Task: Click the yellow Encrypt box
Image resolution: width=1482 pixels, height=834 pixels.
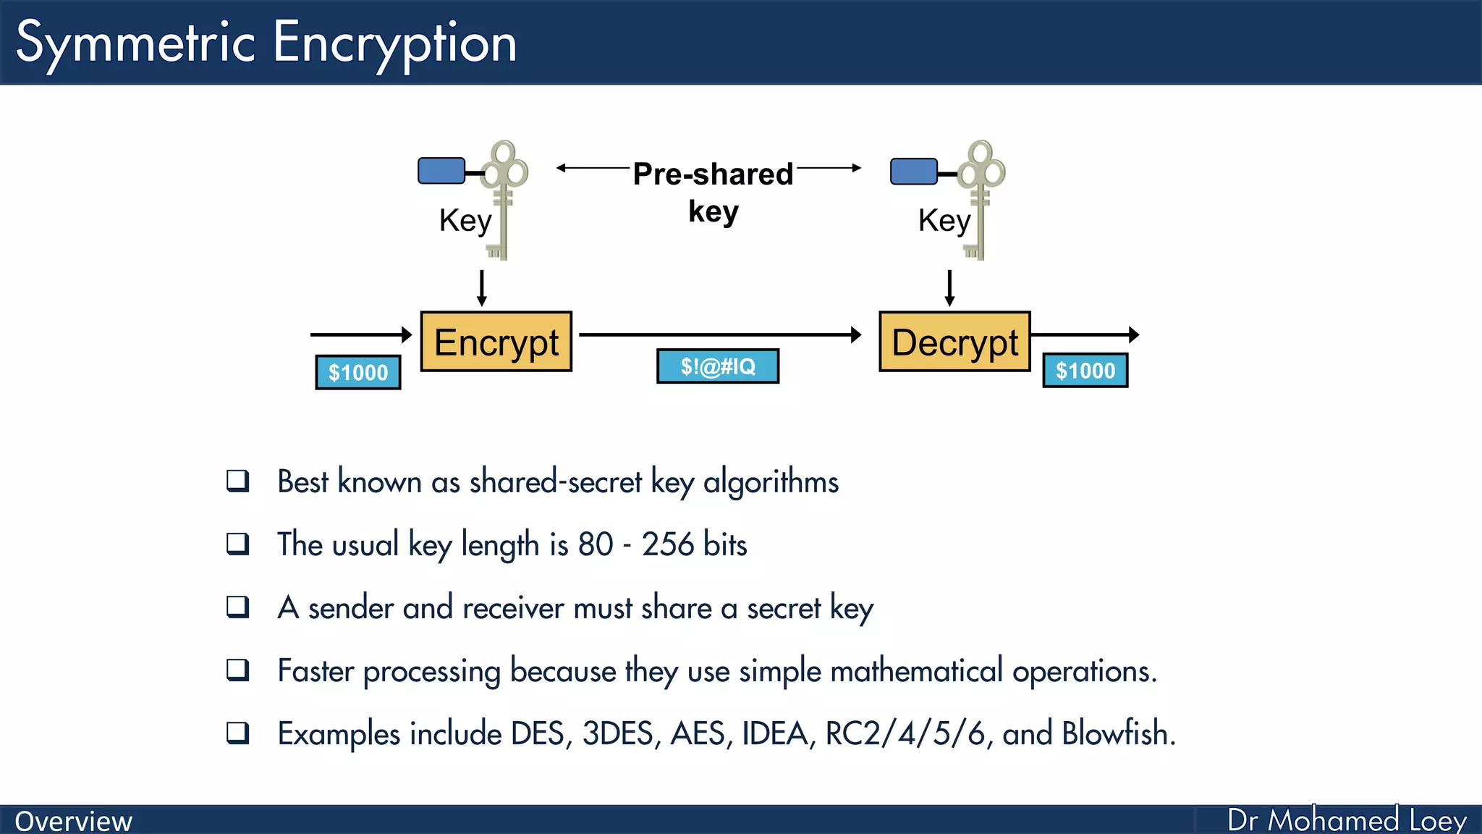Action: [x=496, y=342]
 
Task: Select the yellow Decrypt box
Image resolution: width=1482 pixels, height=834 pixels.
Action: [x=954, y=342]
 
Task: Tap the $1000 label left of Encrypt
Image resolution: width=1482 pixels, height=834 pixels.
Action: [x=358, y=372]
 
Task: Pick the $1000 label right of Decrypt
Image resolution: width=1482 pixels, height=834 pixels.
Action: [x=1085, y=371]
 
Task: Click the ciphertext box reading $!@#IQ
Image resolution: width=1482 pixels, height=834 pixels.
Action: [x=718, y=366]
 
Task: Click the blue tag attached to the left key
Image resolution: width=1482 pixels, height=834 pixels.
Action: [x=441, y=171]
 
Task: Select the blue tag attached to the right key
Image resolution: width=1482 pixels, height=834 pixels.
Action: [x=914, y=172]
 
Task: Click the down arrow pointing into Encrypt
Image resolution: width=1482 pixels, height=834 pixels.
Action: [x=482, y=288]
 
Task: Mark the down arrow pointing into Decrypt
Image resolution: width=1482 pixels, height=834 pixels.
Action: [x=949, y=288]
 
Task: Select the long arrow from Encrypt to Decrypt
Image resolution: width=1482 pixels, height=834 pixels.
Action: [x=720, y=334]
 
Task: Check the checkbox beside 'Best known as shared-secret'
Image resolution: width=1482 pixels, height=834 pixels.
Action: [x=238, y=481]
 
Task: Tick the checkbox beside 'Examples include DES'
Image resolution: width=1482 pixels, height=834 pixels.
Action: [x=238, y=733]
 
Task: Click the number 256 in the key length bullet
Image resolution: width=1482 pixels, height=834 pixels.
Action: [x=667, y=544]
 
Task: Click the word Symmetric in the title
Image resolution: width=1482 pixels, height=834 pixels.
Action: [x=135, y=43]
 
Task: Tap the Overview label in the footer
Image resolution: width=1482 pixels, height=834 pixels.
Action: [x=74, y=821]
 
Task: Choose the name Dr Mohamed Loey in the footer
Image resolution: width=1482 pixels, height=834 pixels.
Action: [x=1347, y=820]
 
